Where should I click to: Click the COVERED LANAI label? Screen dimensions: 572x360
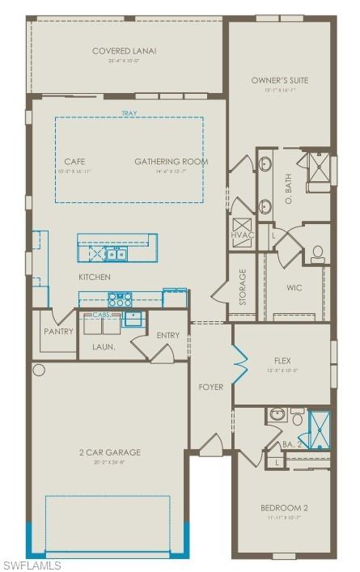pos(124,51)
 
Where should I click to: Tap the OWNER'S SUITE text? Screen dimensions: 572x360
pos(280,80)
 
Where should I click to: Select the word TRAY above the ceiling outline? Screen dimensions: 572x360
pos(129,113)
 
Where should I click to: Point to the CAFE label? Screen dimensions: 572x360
pos(74,161)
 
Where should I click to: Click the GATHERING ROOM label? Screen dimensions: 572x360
pos(171,161)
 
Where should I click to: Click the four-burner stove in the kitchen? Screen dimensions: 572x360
pos(121,299)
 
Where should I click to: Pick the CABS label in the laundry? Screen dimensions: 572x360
pos(101,315)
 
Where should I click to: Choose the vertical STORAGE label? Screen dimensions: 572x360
pos(243,288)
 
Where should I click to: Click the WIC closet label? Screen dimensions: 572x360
pos(294,287)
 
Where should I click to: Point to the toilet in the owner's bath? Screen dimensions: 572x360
pos(318,253)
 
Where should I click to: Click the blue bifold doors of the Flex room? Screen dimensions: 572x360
pos(240,363)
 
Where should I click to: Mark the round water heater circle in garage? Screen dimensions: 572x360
pos(38,370)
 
